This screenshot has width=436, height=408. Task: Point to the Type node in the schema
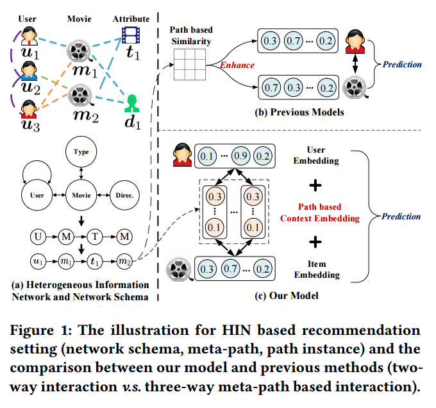tap(81, 153)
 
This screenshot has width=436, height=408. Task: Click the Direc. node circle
tap(123, 194)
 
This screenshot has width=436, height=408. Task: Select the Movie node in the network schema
tap(81, 194)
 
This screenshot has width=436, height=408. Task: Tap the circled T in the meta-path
tap(96, 238)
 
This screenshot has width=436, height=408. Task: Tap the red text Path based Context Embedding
tap(319, 212)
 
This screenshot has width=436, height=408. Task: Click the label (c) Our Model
tap(285, 296)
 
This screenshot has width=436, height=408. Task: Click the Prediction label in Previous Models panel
tap(402, 64)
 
